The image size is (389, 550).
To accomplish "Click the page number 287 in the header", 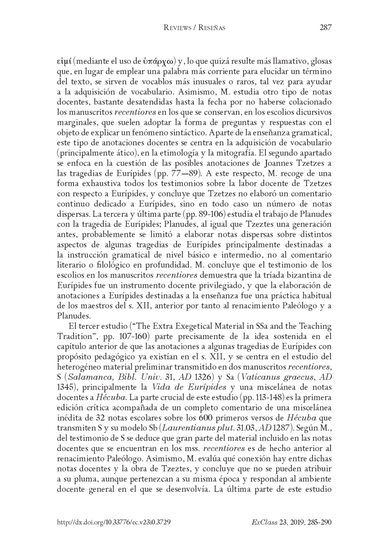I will tap(325, 28).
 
